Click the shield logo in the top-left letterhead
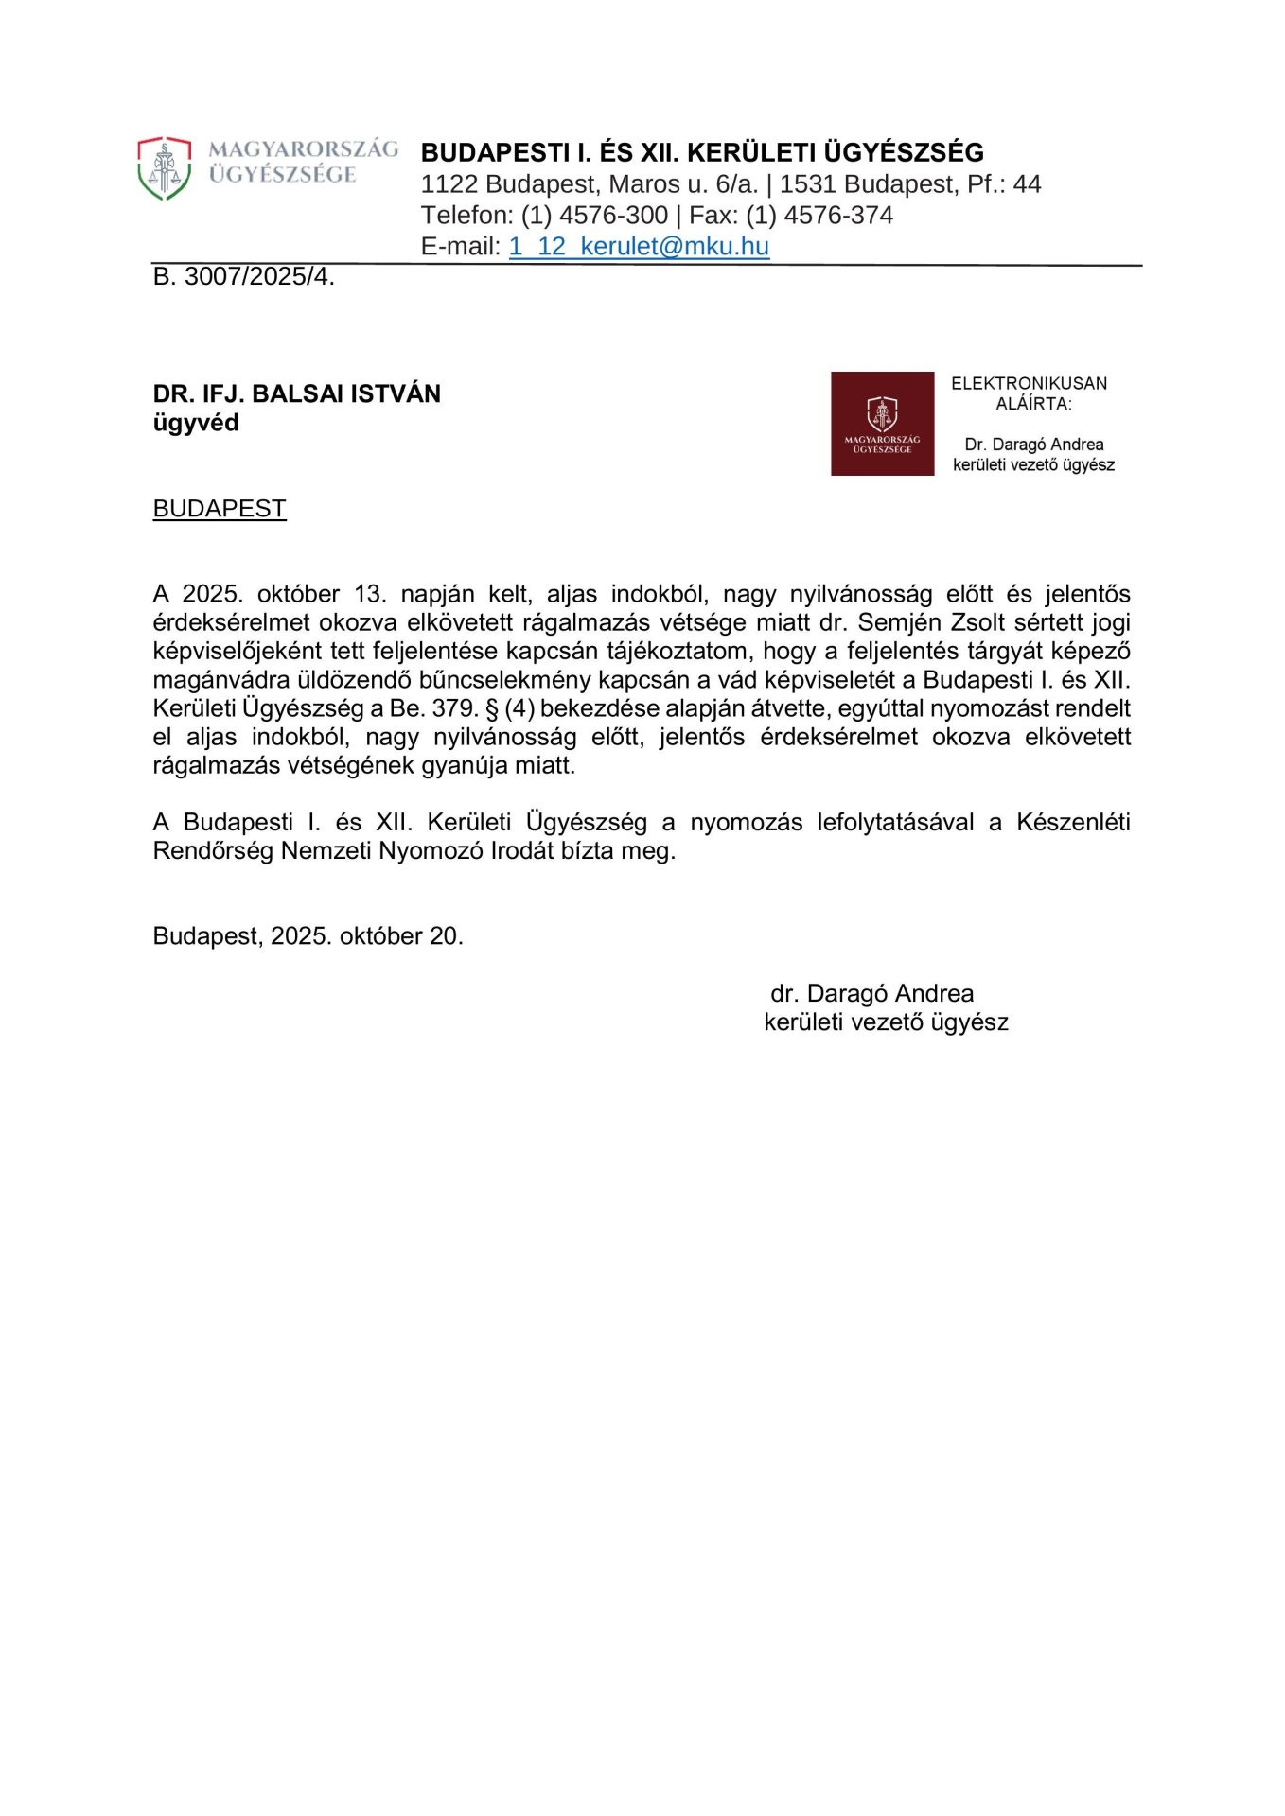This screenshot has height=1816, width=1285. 164,168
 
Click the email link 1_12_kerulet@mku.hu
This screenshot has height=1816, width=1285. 639,247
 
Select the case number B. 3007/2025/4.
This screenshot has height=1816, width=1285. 243,277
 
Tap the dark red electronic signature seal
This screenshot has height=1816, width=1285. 882,424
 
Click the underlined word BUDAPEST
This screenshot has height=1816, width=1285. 219,509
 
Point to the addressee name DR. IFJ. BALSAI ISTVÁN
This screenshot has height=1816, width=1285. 296,394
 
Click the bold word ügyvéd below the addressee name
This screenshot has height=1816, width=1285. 195,423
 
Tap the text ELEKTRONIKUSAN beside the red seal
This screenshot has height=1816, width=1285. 1029,384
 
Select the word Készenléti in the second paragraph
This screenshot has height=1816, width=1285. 1073,822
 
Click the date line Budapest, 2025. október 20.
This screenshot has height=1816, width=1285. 308,936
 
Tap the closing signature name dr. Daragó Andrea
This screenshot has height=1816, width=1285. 871,993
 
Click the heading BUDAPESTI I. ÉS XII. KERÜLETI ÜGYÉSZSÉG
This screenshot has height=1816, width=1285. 702,152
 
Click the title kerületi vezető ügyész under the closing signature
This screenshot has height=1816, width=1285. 886,1022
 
